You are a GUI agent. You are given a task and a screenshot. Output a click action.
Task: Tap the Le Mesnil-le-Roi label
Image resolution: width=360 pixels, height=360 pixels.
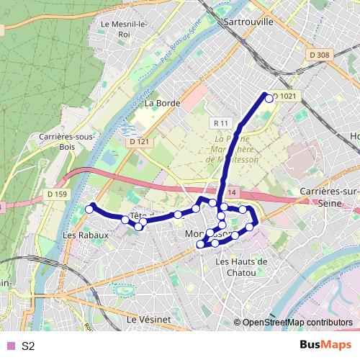pos(125,28)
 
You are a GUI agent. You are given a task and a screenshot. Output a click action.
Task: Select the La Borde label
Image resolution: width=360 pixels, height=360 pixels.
pos(161,103)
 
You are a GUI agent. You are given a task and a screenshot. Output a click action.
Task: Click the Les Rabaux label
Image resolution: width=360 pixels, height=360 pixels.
pos(86,235)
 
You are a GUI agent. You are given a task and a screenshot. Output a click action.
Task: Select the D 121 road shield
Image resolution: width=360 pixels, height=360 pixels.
pos(140,142)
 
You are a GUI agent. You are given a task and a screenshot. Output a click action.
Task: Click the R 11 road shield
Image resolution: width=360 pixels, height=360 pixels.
pos(220,123)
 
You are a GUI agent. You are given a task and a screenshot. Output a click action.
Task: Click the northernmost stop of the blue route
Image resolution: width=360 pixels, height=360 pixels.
pos(269,98)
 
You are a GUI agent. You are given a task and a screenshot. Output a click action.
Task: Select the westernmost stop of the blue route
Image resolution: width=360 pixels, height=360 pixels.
pos(89,209)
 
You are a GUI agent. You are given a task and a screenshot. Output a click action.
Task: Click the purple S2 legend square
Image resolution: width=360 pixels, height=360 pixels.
pos(9,346)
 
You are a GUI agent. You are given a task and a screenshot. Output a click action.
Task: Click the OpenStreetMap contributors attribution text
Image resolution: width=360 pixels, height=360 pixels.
pos(297,323)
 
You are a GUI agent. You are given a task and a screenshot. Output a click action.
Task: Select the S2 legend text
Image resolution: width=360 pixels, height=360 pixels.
pos(28,346)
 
